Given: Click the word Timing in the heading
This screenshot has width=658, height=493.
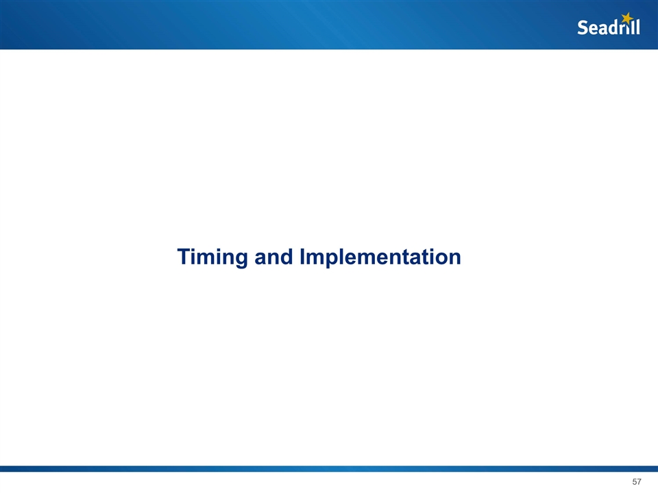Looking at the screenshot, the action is tap(212, 257).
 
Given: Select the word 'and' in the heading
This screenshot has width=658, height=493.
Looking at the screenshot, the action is tap(273, 257).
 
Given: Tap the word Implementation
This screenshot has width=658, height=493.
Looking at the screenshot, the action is tap(380, 257).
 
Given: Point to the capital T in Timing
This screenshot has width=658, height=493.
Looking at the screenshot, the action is tap(184, 257).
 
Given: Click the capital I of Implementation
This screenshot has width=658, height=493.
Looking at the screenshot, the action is tap(302, 257).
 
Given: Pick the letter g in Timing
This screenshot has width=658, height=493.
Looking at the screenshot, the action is tap(241, 260).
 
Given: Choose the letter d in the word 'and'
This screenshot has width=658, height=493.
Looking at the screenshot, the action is tap(287, 257).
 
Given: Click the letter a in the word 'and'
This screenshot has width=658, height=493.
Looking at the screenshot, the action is tap(260, 259).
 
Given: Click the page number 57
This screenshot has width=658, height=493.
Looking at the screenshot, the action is tap(637, 481).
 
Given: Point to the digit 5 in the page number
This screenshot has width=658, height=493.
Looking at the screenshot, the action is tap(635, 481).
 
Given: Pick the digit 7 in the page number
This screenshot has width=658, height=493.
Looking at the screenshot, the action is tap(639, 481).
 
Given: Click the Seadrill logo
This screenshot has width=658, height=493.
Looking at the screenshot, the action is tap(609, 24).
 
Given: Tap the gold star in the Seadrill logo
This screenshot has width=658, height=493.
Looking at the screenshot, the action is tap(627, 18).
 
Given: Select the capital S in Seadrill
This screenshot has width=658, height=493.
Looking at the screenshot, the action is tap(583, 27).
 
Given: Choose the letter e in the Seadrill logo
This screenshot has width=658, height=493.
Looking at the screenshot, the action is tap(594, 29).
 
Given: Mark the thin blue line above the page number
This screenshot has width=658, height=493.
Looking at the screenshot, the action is tap(329, 468).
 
